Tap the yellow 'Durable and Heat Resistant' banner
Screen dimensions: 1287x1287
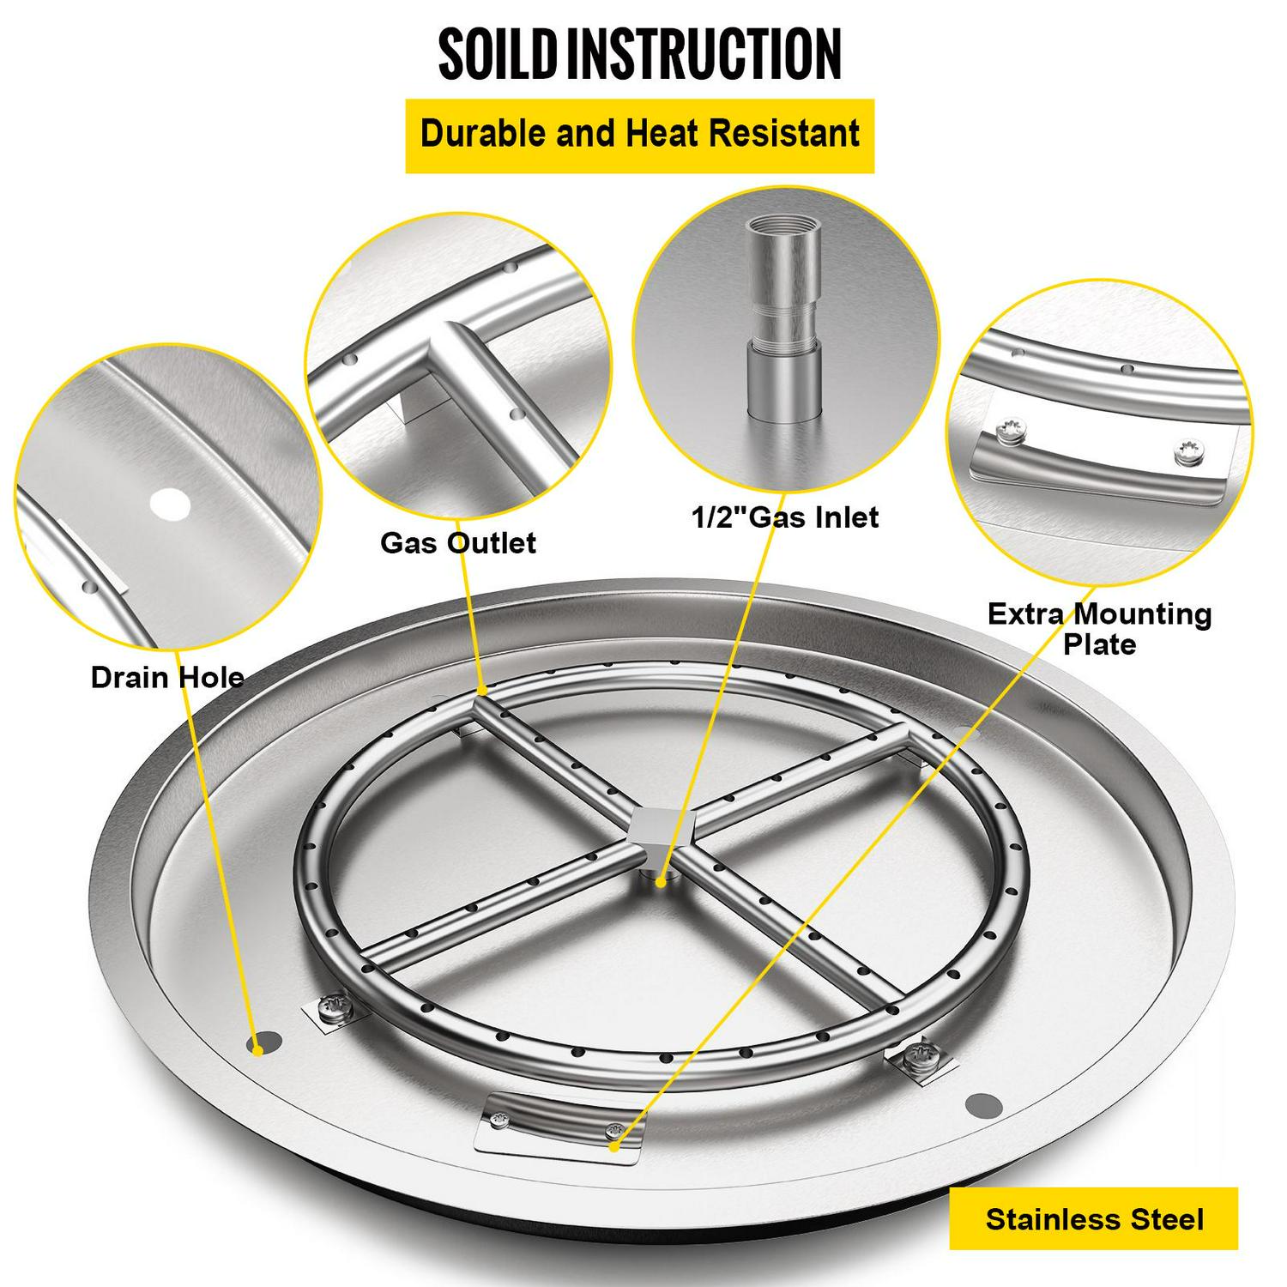click(639, 136)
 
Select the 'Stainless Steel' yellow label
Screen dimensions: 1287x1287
click(1094, 1218)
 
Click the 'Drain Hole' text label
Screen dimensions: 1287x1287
click(167, 677)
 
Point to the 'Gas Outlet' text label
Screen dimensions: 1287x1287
click(458, 542)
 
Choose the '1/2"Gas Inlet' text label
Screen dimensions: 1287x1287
click(785, 517)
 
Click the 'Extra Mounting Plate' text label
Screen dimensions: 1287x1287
click(1099, 628)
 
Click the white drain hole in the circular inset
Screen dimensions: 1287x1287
click(169, 504)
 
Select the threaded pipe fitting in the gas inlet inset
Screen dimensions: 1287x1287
click(781, 317)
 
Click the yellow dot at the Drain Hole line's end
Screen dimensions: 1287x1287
click(255, 1047)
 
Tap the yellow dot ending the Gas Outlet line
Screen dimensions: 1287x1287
click(482, 690)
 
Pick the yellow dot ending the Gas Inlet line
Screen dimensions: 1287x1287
click(661, 881)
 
